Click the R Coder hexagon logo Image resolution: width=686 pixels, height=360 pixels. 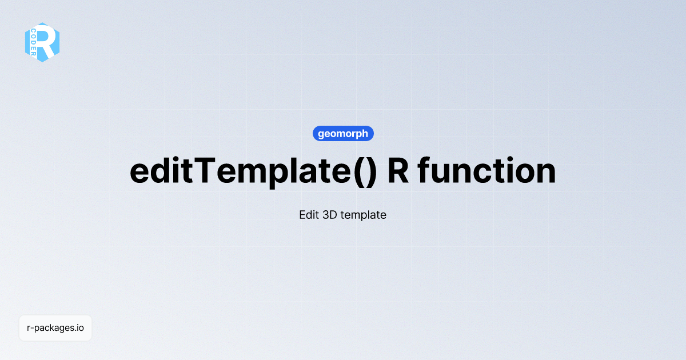(x=42, y=42)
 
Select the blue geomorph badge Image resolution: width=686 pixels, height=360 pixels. (x=343, y=134)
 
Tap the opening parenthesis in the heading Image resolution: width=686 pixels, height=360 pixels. (x=356, y=171)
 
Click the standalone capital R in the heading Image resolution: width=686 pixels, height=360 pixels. (x=398, y=170)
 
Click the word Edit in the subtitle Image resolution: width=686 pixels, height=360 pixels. (x=309, y=215)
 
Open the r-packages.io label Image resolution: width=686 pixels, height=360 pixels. (x=55, y=328)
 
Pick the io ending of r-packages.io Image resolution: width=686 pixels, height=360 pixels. (x=80, y=328)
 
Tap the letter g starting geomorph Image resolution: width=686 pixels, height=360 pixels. (x=321, y=135)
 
